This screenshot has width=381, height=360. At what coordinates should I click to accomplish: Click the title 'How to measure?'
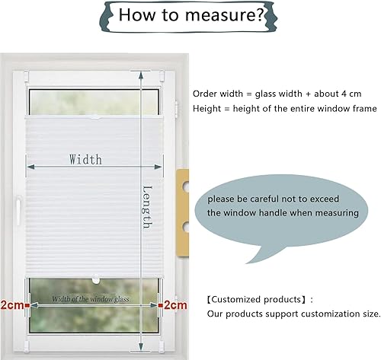192,14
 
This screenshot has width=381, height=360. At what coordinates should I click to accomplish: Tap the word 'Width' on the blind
85,160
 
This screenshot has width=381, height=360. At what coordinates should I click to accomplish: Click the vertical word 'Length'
147,207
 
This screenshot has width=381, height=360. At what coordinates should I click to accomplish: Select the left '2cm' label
12,305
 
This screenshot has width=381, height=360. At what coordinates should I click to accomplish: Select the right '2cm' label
175,305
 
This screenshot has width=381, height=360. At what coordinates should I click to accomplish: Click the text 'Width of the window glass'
91,299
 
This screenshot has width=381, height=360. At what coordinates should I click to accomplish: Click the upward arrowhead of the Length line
141,75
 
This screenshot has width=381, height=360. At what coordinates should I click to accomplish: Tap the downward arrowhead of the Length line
141,347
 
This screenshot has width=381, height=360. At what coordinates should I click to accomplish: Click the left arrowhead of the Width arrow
30,167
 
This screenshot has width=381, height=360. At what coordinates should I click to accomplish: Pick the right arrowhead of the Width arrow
158,167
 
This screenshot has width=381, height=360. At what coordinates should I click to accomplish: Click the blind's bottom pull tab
95,279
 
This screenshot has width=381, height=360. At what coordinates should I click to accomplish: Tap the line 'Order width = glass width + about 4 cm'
277,94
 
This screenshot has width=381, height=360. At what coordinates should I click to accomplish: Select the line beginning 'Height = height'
285,109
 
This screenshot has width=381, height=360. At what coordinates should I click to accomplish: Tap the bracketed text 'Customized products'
256,300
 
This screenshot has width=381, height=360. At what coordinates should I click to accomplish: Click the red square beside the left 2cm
27,305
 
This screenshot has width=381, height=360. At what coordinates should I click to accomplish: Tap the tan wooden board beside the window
182,213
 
